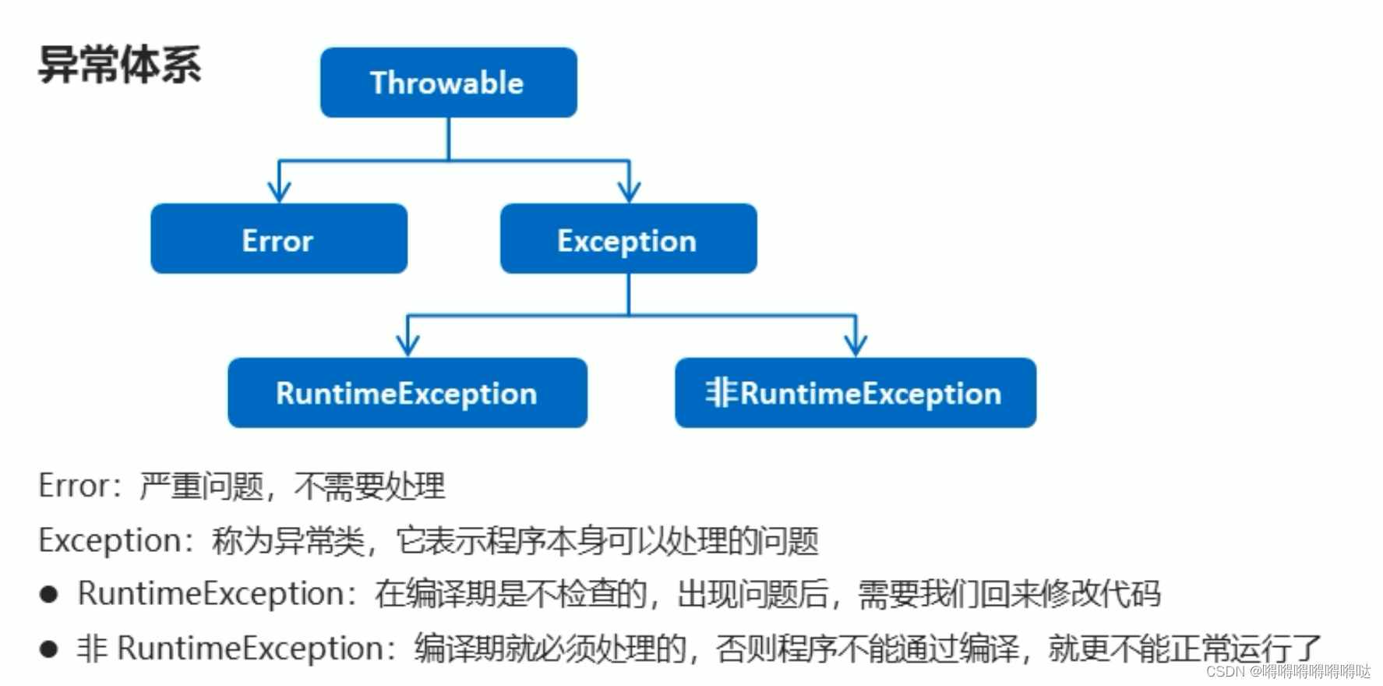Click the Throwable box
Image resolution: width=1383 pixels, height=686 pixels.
(x=448, y=83)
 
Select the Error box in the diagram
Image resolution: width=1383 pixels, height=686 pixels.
(x=278, y=239)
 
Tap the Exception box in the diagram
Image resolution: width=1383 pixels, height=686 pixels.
(x=628, y=239)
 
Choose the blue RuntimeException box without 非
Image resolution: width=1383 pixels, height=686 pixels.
(x=407, y=393)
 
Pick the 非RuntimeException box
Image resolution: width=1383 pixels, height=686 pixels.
(x=855, y=393)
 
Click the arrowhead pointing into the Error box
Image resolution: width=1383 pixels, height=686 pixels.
(x=279, y=191)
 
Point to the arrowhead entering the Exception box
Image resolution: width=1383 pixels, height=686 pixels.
(x=629, y=191)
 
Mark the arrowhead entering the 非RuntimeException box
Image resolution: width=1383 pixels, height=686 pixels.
(x=856, y=345)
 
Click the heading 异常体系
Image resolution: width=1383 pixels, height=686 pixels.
(x=119, y=65)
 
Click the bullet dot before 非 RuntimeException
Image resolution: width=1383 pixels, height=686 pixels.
(x=49, y=649)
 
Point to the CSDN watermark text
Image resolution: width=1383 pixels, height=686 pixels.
(x=1288, y=671)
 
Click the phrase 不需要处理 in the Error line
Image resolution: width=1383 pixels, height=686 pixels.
(x=369, y=486)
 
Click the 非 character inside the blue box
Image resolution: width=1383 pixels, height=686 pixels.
(x=721, y=393)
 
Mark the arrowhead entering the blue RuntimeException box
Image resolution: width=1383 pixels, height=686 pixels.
(x=407, y=345)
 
